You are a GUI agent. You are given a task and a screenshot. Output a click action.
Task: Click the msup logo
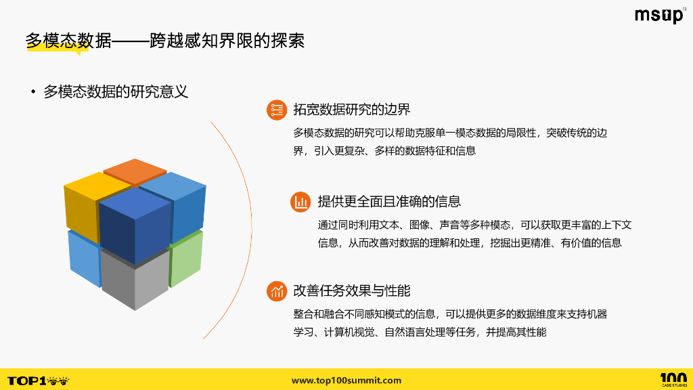pos(658,16)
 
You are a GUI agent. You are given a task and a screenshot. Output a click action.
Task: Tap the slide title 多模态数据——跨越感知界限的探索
pos(164,41)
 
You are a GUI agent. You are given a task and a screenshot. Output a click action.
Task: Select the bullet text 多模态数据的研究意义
pos(115,92)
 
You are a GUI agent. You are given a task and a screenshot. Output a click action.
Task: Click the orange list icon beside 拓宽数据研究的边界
pos(276,110)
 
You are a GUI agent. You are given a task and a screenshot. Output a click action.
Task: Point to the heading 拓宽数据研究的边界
pos(351,110)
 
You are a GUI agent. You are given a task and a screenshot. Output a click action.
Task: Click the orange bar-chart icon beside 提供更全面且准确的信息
pos(300,202)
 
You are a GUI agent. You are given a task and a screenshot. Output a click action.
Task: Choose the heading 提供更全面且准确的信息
pos(389,201)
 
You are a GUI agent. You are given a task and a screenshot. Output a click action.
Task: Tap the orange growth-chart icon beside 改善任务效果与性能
pos(276,291)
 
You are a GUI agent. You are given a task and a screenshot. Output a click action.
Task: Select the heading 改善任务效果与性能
pos(351,291)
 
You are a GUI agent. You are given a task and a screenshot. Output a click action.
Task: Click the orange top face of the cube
pos(135,171)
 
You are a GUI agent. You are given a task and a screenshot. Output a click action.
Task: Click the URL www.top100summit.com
pos(346,381)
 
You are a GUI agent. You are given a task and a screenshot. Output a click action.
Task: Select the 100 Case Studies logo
pos(673,380)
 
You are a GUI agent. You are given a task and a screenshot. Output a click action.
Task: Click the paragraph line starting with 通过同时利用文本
pos(474,225)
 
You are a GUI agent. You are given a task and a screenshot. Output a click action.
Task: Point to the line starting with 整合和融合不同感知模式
pos(450,314)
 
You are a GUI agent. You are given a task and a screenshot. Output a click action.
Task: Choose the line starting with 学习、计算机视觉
pos(419,332)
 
